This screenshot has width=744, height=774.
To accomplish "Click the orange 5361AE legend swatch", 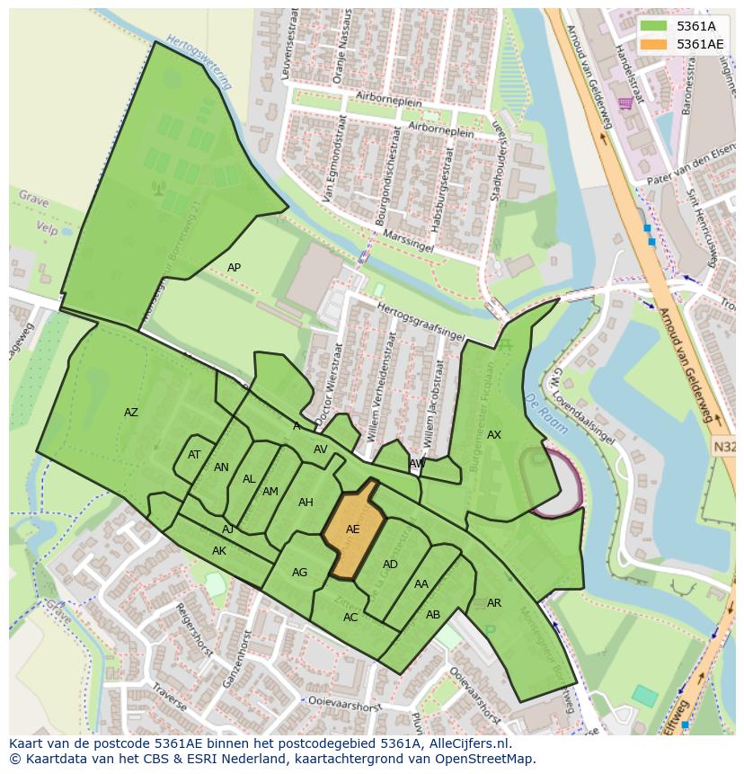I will click(654, 44).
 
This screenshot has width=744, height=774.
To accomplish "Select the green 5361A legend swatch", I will click(654, 26).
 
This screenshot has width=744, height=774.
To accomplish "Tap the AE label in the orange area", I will click(352, 529).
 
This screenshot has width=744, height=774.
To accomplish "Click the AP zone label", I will click(234, 268).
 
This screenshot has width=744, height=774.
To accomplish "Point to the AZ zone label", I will click(131, 413).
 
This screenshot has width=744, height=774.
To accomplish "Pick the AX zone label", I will click(494, 435).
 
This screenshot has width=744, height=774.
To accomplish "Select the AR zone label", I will click(494, 603).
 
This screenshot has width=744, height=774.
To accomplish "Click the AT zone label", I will click(194, 455).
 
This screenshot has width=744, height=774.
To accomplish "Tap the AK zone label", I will click(219, 551).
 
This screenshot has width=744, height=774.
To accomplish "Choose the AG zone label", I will click(300, 573).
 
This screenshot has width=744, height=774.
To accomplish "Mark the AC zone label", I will click(350, 618).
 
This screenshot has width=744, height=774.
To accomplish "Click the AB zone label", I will click(433, 615).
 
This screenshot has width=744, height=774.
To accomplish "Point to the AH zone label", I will click(306, 503).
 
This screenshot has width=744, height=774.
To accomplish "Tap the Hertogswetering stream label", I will click(199, 62).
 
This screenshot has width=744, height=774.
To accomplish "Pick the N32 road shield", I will click(725, 446).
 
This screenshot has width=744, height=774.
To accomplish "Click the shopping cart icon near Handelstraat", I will click(624, 103).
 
